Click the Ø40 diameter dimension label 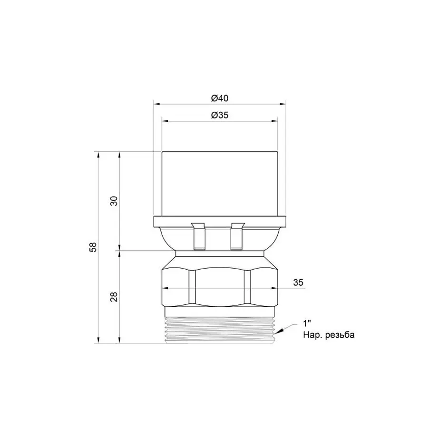(x=219, y=98)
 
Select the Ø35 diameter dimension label (x=219, y=115)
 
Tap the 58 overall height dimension (x=93, y=247)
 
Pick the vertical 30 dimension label (x=114, y=201)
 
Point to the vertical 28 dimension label (x=114, y=297)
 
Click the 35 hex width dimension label (x=298, y=282)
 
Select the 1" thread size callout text (x=307, y=324)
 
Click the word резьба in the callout (x=340, y=335)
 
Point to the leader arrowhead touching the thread (x=279, y=331)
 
